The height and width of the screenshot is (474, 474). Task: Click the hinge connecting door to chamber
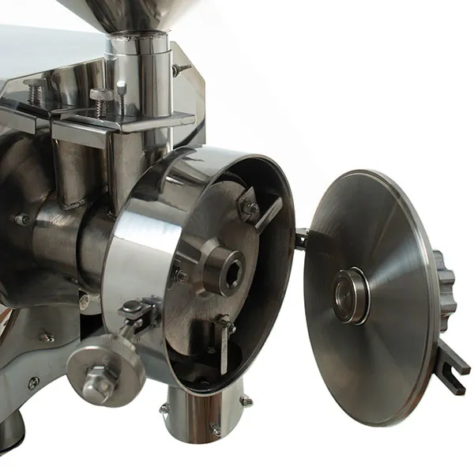coord(300,237)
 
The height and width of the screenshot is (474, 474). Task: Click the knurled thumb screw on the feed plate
coord(102,96)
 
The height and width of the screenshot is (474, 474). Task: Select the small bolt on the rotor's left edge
coord(180,275)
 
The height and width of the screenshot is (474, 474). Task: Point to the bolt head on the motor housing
coord(21,219)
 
